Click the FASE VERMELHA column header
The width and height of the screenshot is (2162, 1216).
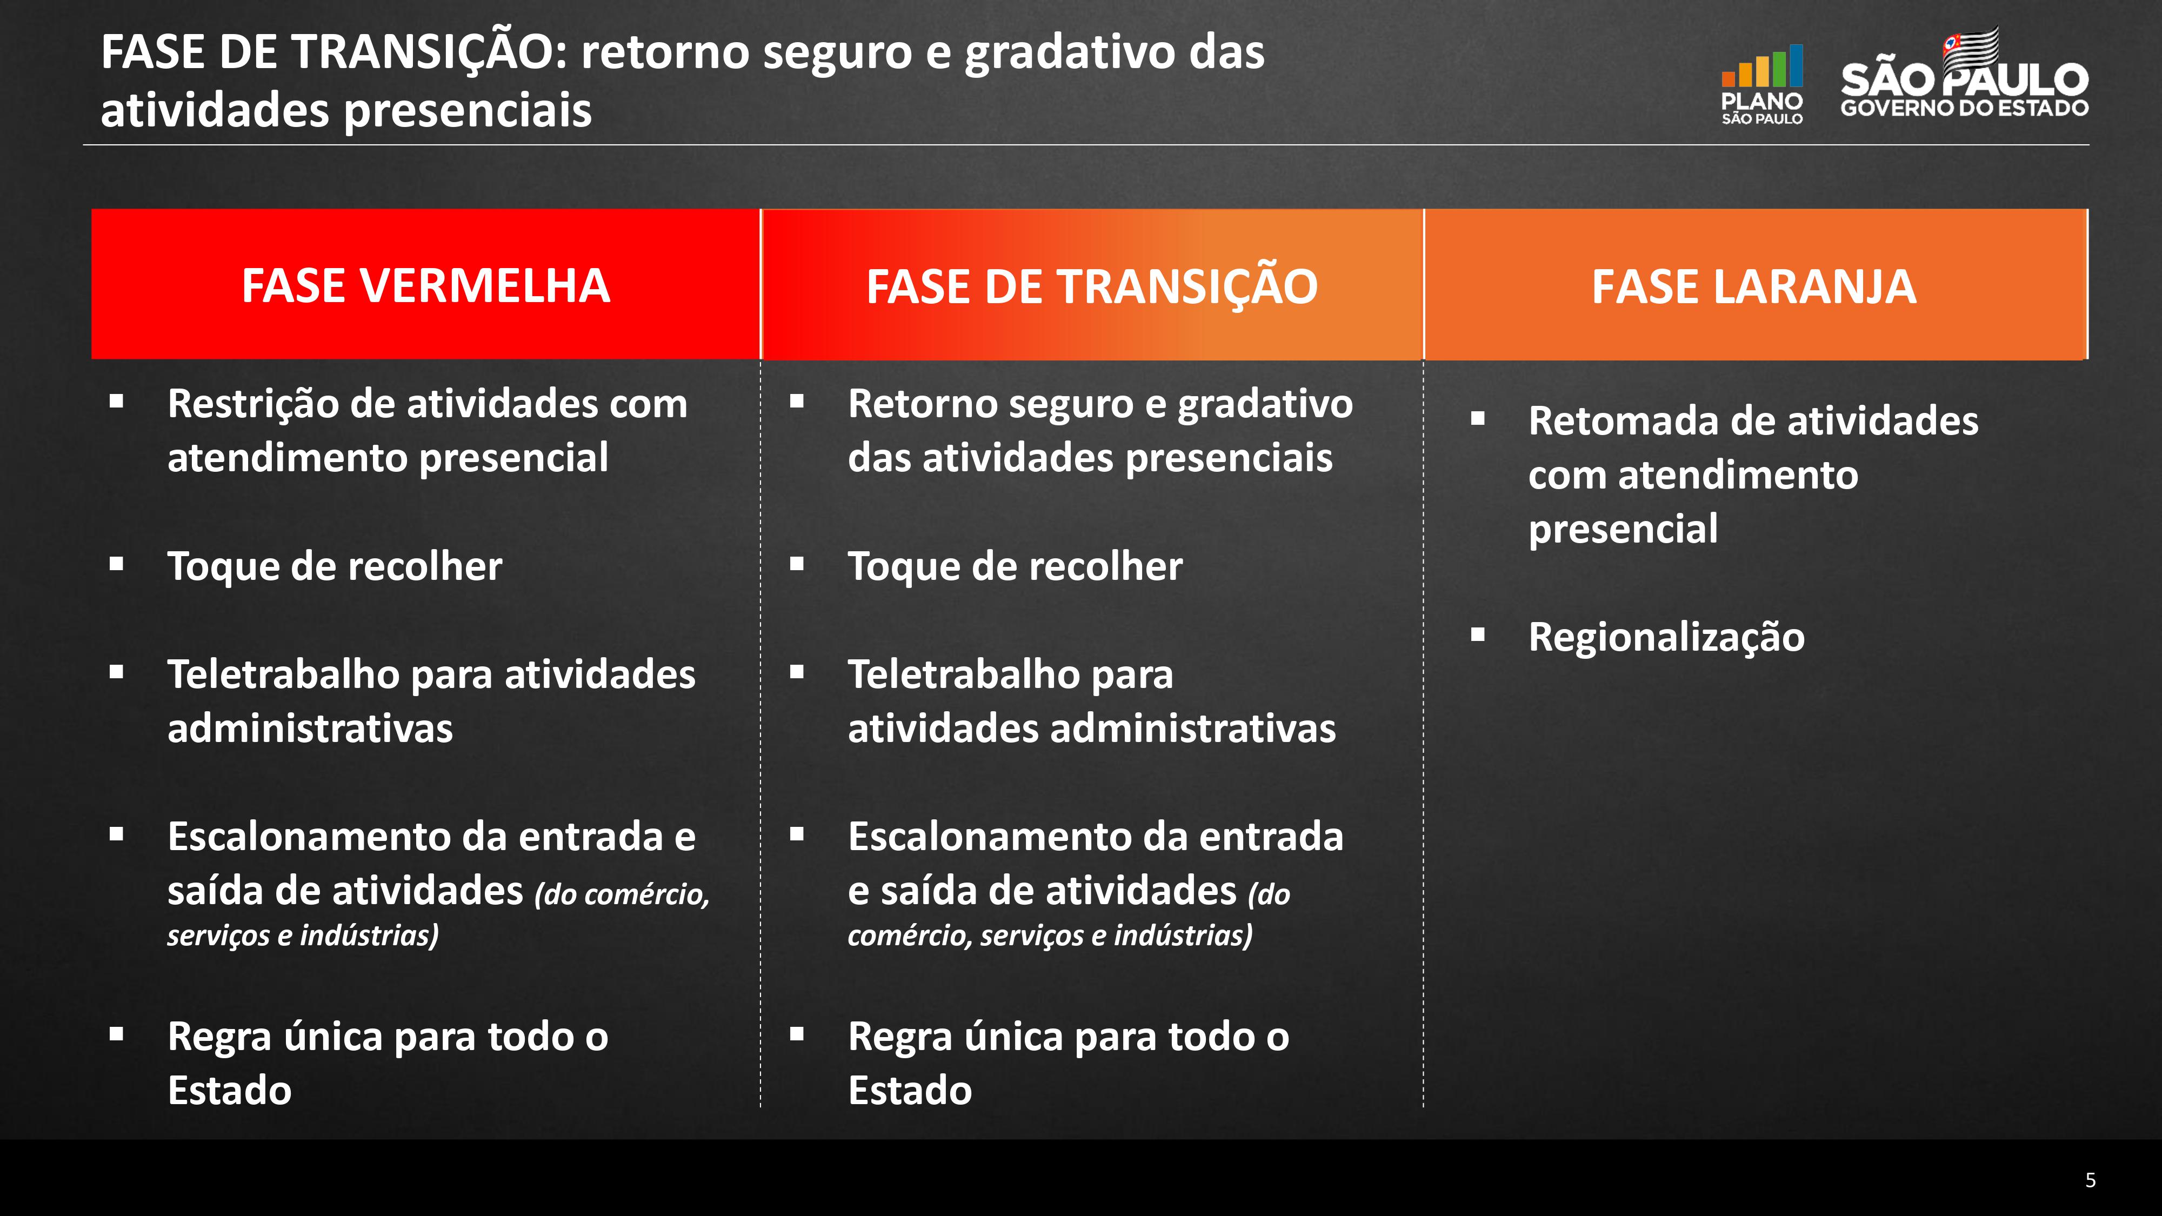point(425,285)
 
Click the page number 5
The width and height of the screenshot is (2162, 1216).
point(2090,1180)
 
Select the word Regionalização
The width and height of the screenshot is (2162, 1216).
point(1666,637)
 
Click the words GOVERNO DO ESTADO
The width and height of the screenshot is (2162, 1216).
point(1964,108)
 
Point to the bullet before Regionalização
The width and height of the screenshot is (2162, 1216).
point(1478,634)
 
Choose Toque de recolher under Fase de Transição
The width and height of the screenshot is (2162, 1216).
point(1015,566)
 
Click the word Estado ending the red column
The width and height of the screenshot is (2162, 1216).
point(229,1090)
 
